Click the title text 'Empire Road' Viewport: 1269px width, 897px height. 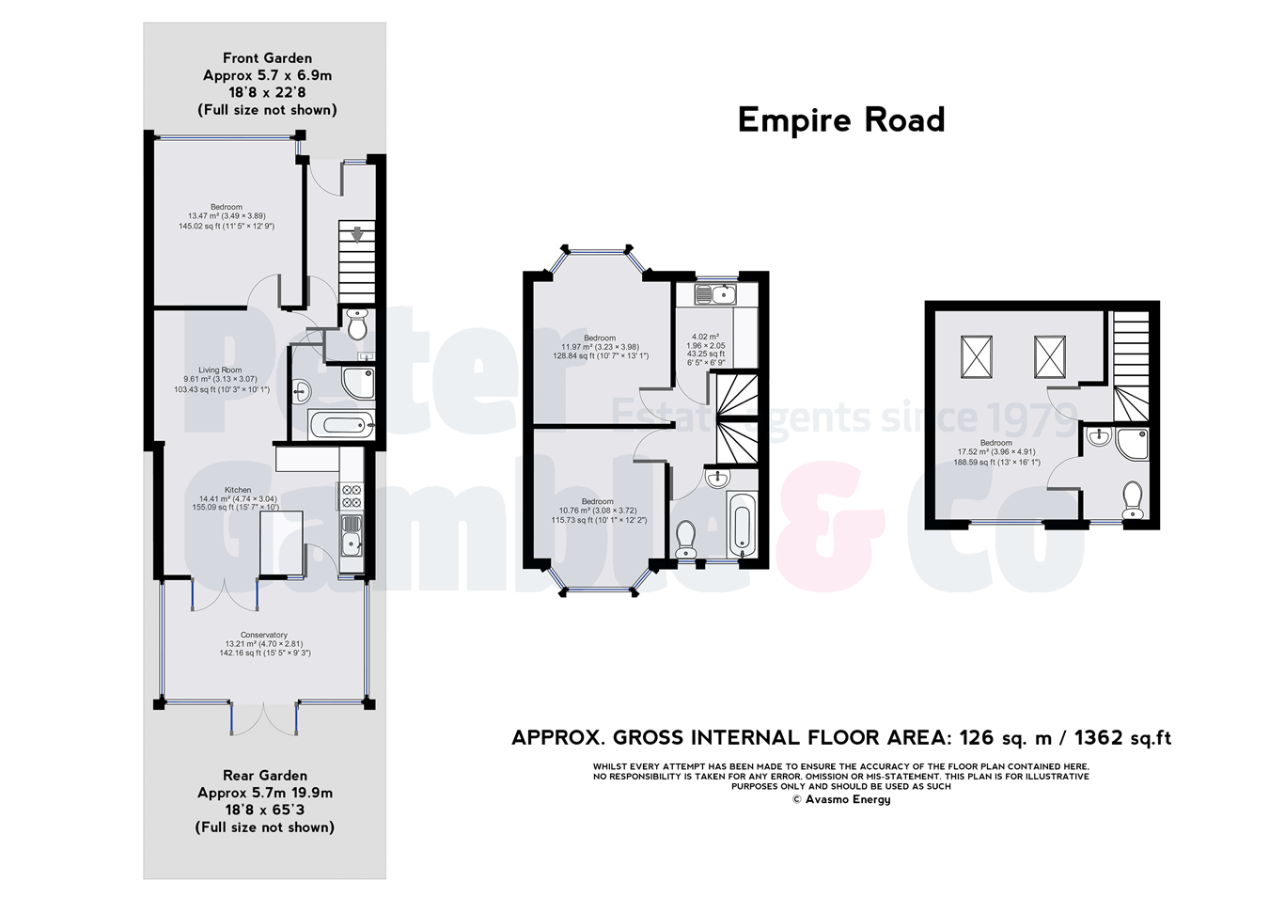[840, 120]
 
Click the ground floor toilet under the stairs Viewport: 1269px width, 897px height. [357, 324]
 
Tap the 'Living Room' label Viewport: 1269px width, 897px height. [220, 370]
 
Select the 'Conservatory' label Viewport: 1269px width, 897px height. [264, 636]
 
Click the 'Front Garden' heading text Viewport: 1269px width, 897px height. [267, 58]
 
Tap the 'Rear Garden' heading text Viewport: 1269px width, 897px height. [265, 776]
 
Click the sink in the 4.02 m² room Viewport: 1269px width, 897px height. [716, 295]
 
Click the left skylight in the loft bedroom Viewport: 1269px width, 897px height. [976, 356]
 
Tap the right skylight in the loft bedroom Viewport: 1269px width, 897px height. [1049, 356]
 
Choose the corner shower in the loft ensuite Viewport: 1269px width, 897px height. [1132, 444]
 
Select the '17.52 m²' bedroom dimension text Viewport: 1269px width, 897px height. [995, 452]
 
